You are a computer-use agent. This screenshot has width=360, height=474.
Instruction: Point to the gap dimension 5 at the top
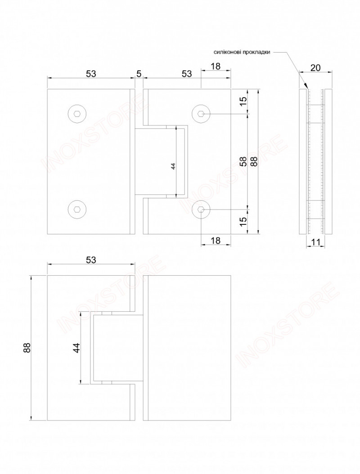pyautogui.click(x=139, y=74)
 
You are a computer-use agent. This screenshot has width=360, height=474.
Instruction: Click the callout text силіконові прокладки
pyautogui.click(x=242, y=52)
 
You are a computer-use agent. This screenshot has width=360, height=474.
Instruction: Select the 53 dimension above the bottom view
pyautogui.click(x=91, y=259)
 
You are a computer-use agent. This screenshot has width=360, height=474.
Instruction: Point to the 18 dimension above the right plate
pyautogui.click(x=215, y=67)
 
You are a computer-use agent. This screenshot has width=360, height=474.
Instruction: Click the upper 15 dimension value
pyautogui.click(x=243, y=102)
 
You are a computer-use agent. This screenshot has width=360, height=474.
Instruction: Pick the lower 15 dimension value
pyautogui.click(x=243, y=221)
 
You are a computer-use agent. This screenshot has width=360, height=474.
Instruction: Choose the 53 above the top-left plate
pyautogui.click(x=91, y=74)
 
